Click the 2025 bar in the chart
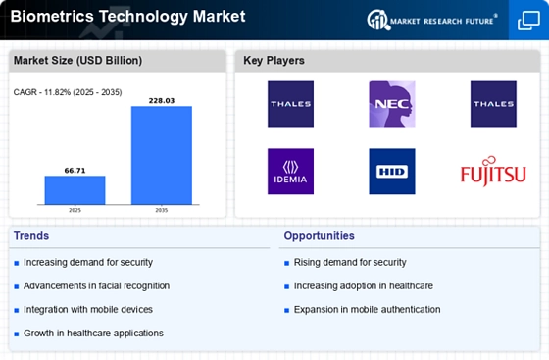pos(75,190)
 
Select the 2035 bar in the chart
pos(162,155)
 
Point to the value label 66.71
pos(75,171)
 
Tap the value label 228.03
pos(162,101)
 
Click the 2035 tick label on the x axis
pos(162,210)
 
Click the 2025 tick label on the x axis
pos(75,210)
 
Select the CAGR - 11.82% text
pos(38,92)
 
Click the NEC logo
pos(392,104)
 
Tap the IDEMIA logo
pos(290,172)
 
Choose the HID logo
pos(392,172)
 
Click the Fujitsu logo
pos(493,172)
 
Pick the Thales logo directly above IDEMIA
pos(290,104)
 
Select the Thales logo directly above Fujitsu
pos(493,104)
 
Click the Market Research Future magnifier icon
pos(378,20)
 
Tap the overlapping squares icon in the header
pos(528,21)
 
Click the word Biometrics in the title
pos(52,17)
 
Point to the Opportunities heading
pos(319,236)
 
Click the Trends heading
pos(31,236)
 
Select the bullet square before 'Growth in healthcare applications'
pos(16,334)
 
